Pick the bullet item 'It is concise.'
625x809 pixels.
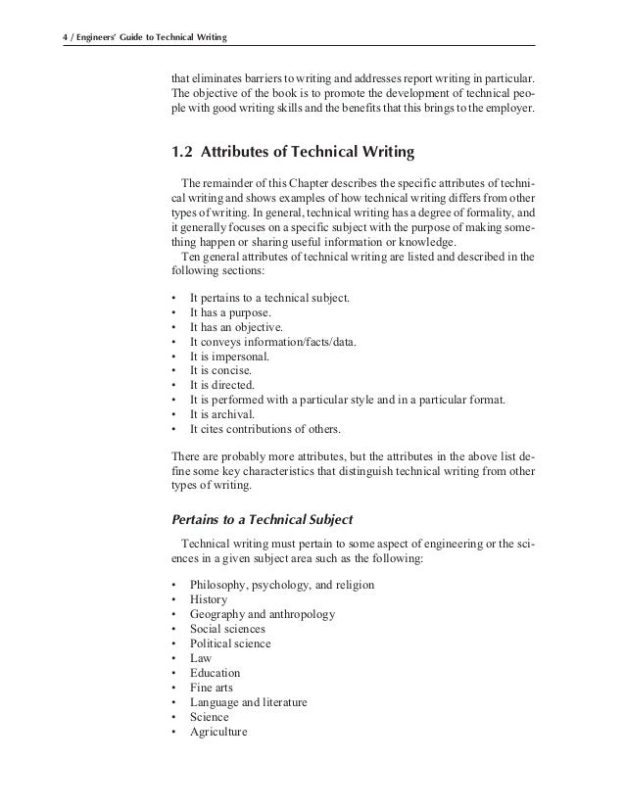(220, 371)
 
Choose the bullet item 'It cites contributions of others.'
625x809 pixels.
(265, 430)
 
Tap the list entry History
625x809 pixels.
(209, 599)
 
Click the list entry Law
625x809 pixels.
(201, 658)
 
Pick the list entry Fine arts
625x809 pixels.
(212, 688)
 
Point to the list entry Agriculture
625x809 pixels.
(218, 732)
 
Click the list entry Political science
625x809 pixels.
(230, 643)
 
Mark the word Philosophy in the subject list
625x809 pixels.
(219, 585)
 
